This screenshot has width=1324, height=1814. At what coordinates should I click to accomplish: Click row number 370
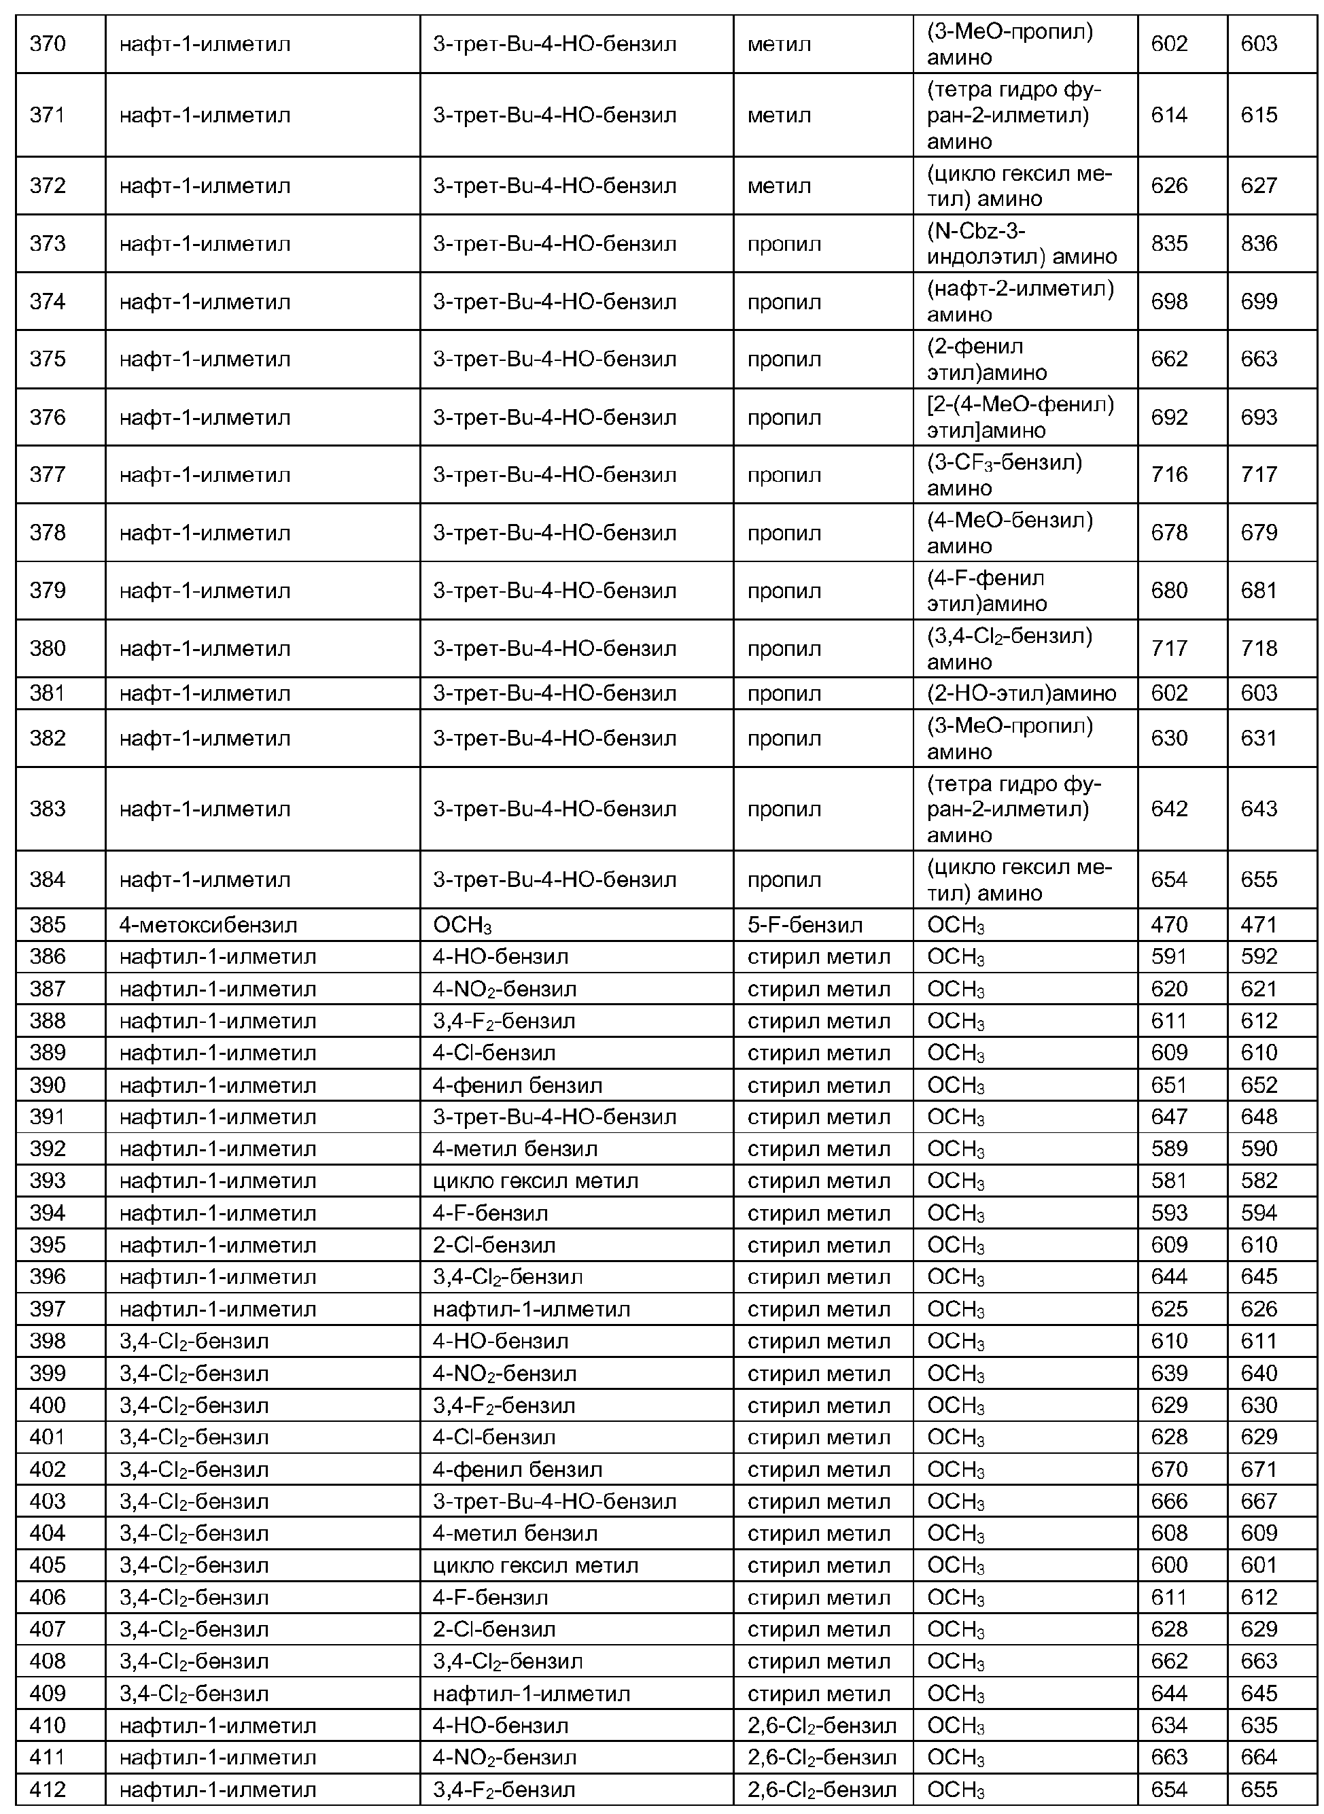click(48, 44)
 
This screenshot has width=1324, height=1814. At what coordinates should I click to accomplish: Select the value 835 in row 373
click(1168, 243)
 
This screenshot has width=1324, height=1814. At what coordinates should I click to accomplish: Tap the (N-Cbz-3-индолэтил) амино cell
click(1021, 243)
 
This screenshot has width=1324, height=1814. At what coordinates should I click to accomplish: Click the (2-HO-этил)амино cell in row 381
click(1021, 693)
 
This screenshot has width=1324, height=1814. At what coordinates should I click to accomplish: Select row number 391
click(48, 1117)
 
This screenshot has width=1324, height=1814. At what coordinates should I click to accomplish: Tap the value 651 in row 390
click(1168, 1085)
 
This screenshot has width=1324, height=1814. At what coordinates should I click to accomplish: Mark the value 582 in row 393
click(1258, 1181)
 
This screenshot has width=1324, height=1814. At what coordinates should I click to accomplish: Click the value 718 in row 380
click(1258, 648)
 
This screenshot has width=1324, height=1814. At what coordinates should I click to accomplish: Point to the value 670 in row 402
click(1168, 1469)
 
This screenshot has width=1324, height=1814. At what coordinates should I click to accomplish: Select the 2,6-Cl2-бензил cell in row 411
click(822, 1758)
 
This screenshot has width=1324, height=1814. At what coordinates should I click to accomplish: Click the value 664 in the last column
click(1258, 1758)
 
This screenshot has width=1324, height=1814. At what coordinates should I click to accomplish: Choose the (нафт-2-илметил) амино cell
click(1020, 301)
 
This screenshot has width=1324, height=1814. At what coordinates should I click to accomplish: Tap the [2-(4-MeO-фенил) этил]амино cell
click(1020, 417)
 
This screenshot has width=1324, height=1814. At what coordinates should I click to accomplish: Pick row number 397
click(48, 1309)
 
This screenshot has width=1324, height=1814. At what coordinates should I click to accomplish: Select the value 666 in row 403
click(1168, 1501)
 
